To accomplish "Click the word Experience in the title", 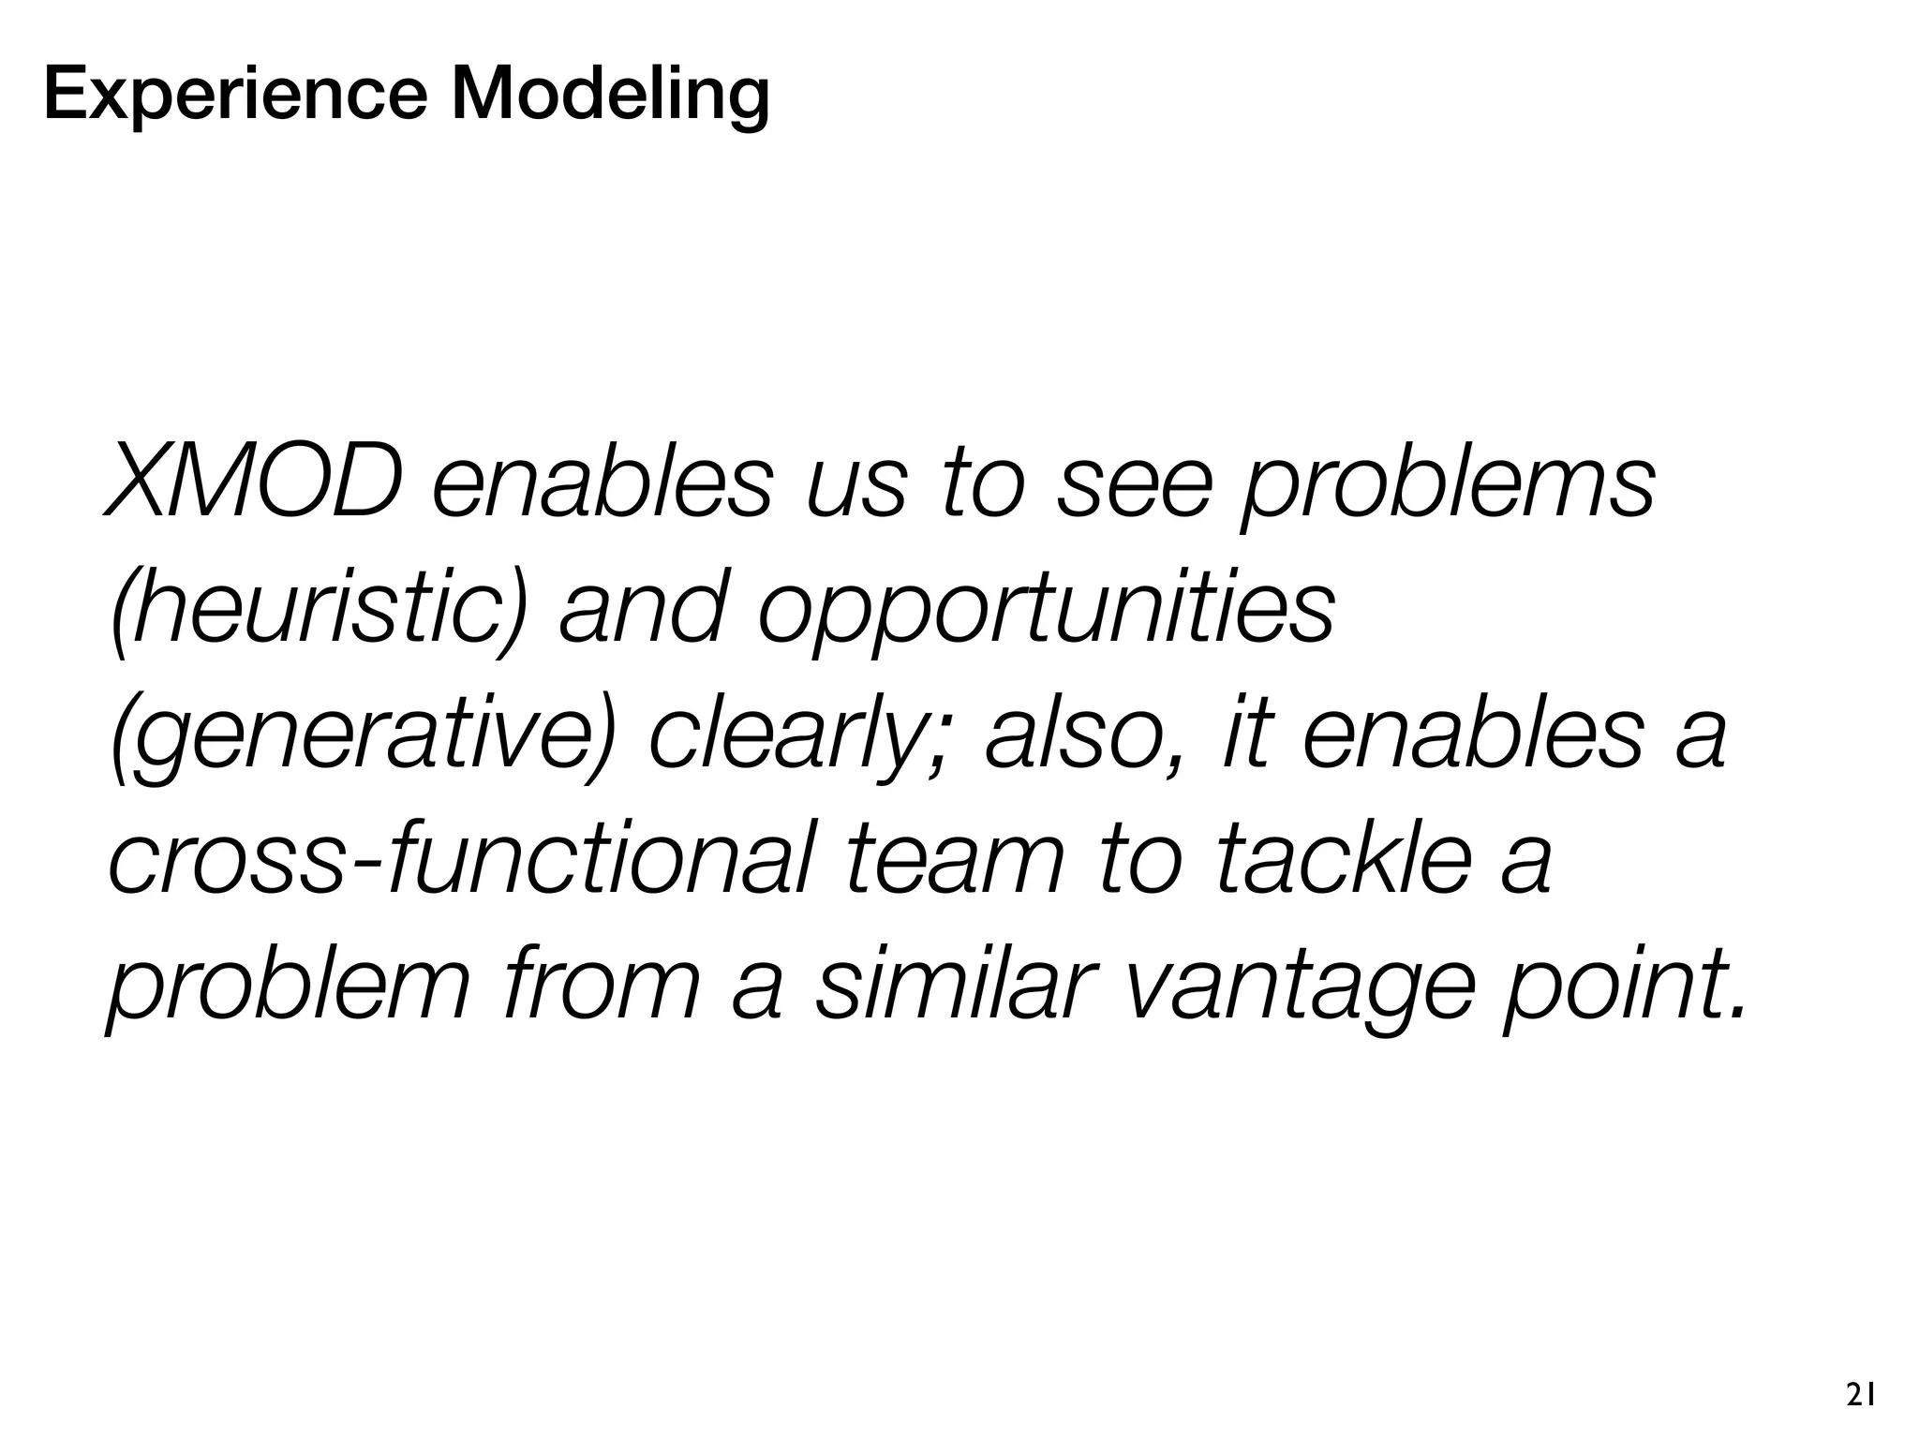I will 234,96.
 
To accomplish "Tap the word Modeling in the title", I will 610,96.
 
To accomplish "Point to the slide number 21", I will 1860,1396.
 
